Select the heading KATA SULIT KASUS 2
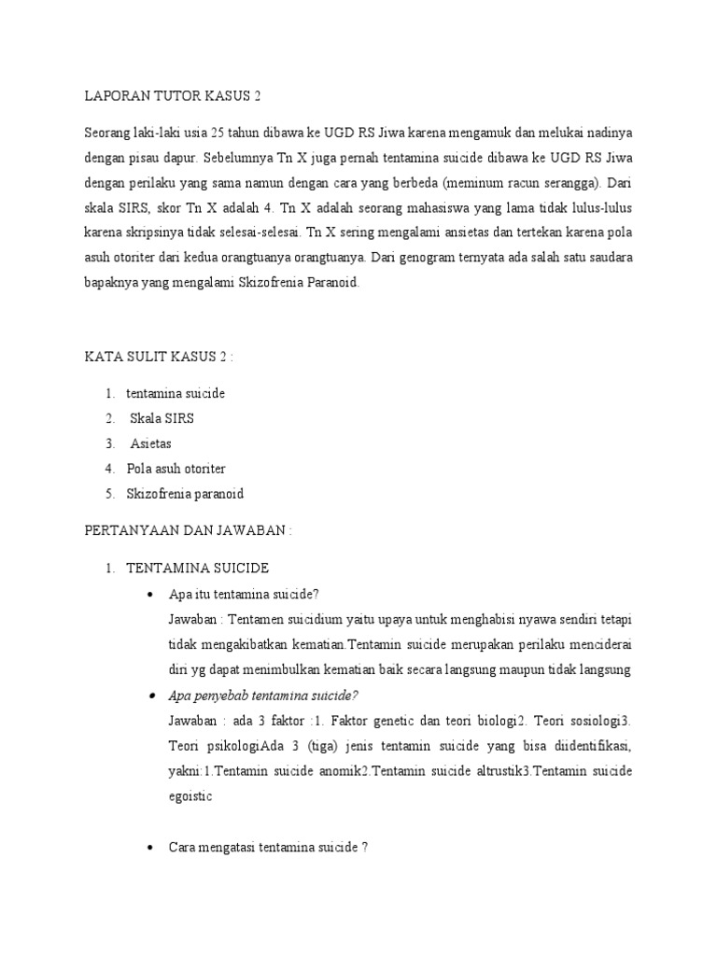(x=159, y=357)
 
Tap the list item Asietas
(x=151, y=443)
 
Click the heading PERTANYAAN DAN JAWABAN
(x=188, y=530)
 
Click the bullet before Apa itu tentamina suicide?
(x=151, y=594)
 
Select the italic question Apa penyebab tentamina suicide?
(x=263, y=695)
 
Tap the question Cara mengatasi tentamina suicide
(x=268, y=847)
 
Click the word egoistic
(x=190, y=796)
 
